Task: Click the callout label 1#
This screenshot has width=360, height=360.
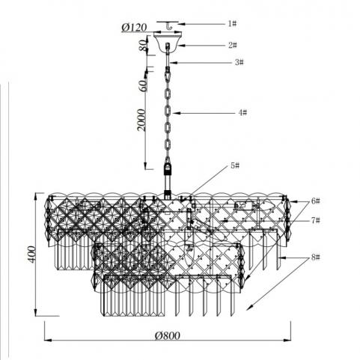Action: coord(232,24)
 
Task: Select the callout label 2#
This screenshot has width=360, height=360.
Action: coord(233,45)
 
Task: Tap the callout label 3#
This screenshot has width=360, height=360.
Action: coord(239,62)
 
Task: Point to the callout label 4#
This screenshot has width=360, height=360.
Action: coord(242,113)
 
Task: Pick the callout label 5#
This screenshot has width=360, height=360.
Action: coord(235,165)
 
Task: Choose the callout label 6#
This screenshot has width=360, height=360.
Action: coord(315,201)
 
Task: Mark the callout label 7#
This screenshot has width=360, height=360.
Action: coord(315,221)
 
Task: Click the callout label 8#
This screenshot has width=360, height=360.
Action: coord(315,257)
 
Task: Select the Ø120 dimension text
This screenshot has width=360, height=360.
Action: coord(134,28)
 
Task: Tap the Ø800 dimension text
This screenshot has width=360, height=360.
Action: coord(167,336)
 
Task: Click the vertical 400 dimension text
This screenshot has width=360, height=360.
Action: coord(31,254)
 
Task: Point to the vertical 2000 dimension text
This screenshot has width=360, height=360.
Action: coord(141,120)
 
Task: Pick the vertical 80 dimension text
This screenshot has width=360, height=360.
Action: coord(143,46)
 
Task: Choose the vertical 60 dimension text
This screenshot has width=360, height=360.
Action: coord(144,85)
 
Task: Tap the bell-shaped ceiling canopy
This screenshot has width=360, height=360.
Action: coord(168,41)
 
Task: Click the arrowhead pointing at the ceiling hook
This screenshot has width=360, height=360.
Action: coord(181,24)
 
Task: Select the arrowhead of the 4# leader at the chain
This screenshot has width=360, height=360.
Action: coord(176,113)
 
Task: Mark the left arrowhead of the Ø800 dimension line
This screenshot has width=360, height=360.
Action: coord(48,340)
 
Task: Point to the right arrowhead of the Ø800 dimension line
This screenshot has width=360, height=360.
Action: coord(287,340)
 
